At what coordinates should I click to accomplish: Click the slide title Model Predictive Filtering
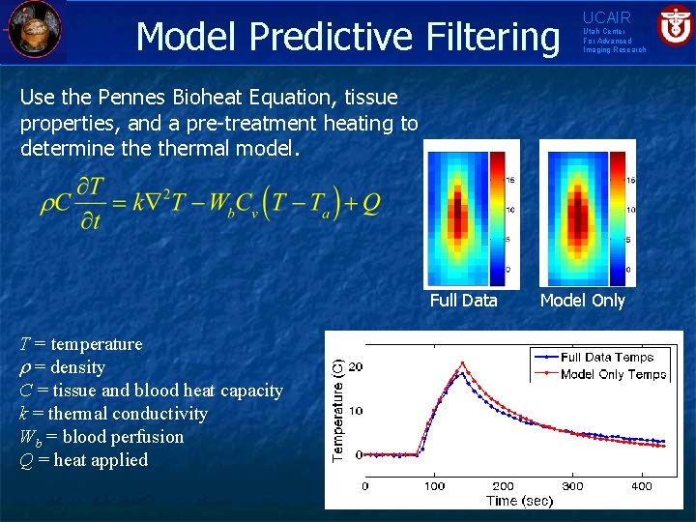click(x=347, y=36)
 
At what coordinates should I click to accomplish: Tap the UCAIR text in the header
click(x=606, y=17)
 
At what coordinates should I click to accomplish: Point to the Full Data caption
click(x=463, y=301)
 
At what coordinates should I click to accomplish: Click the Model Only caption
click(x=582, y=301)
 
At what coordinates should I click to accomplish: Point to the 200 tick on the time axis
click(x=503, y=486)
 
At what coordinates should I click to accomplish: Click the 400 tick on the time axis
click(x=642, y=486)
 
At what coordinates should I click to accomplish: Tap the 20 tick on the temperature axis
click(x=355, y=367)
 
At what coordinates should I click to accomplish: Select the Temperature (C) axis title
click(x=338, y=409)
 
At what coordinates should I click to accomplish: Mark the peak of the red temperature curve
click(x=463, y=363)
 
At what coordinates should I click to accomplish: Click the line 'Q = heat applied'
click(x=84, y=460)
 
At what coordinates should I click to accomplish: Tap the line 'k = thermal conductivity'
click(x=114, y=414)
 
